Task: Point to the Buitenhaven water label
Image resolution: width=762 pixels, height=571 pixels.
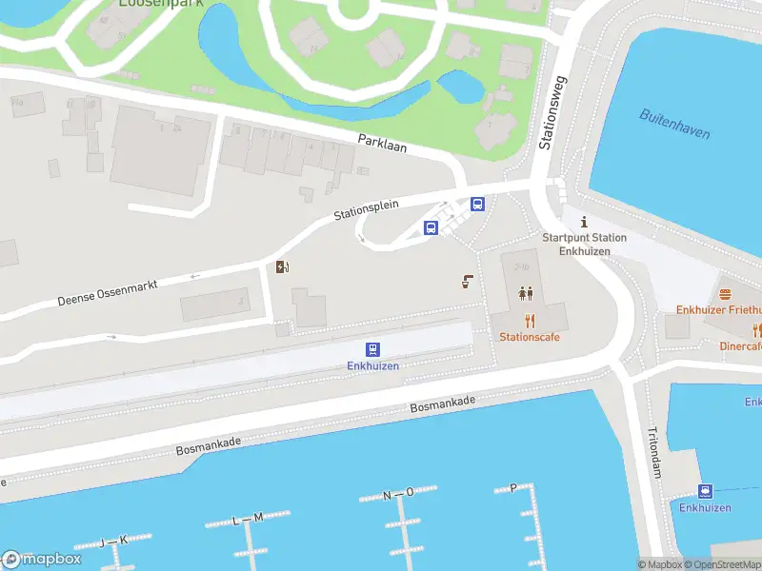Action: [x=674, y=125]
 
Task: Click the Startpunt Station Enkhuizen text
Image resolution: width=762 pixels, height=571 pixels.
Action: [x=584, y=244]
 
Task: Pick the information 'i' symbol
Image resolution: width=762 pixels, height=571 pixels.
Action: [x=584, y=221]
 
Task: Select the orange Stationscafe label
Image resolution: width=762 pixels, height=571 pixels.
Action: [x=530, y=337]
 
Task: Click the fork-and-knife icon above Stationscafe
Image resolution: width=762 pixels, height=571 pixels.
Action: [x=530, y=321]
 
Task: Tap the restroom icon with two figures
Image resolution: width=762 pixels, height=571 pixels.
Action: [x=527, y=294]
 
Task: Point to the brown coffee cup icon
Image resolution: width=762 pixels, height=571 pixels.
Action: [x=467, y=281]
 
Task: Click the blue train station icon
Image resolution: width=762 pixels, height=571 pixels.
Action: [x=372, y=349]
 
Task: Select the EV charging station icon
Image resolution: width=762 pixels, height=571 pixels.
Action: [x=281, y=266]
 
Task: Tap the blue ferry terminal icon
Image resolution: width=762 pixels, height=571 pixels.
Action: [x=705, y=491]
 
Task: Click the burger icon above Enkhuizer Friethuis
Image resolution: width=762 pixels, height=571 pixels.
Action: [x=725, y=294]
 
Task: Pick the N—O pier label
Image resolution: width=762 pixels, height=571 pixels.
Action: [x=398, y=493]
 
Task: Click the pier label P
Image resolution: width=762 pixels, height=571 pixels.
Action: [x=513, y=487]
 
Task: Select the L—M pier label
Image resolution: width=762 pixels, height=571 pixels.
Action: [x=248, y=519]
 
